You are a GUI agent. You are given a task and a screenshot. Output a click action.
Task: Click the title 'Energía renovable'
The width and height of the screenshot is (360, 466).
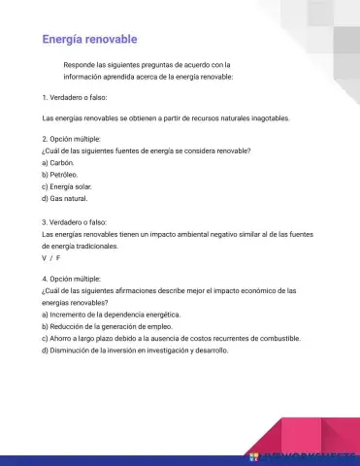coord(89,39)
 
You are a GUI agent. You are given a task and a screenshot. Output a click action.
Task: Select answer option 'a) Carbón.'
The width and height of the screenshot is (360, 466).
coord(58,163)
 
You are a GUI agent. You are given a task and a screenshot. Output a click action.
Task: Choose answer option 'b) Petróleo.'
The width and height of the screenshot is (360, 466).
coord(60,174)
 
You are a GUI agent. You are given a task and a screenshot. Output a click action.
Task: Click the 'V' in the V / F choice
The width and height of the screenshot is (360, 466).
coord(45,258)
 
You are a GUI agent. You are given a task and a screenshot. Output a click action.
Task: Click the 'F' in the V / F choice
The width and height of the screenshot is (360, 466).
coord(58,258)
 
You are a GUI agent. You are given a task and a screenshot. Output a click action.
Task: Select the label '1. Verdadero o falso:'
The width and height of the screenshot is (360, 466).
coord(75,98)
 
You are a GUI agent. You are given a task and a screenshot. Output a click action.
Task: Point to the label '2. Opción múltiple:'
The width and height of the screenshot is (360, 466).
coord(72,140)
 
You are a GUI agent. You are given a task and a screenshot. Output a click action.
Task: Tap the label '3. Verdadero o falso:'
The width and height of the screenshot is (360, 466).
coord(75,222)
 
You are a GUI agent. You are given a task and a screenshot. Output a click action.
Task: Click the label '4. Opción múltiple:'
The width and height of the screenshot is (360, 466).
coord(72,279)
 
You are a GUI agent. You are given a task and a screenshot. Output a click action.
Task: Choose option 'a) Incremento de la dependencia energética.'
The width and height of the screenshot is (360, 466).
coord(112,315)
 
